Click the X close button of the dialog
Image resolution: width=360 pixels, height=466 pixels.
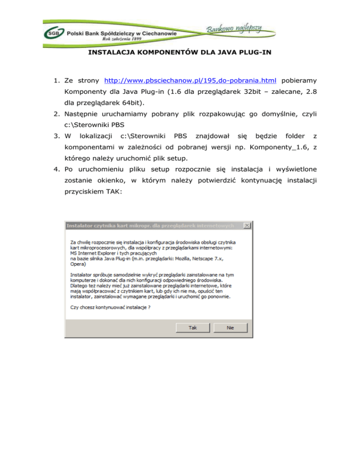(x=246, y=226)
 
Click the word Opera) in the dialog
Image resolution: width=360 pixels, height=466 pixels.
(x=78, y=263)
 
